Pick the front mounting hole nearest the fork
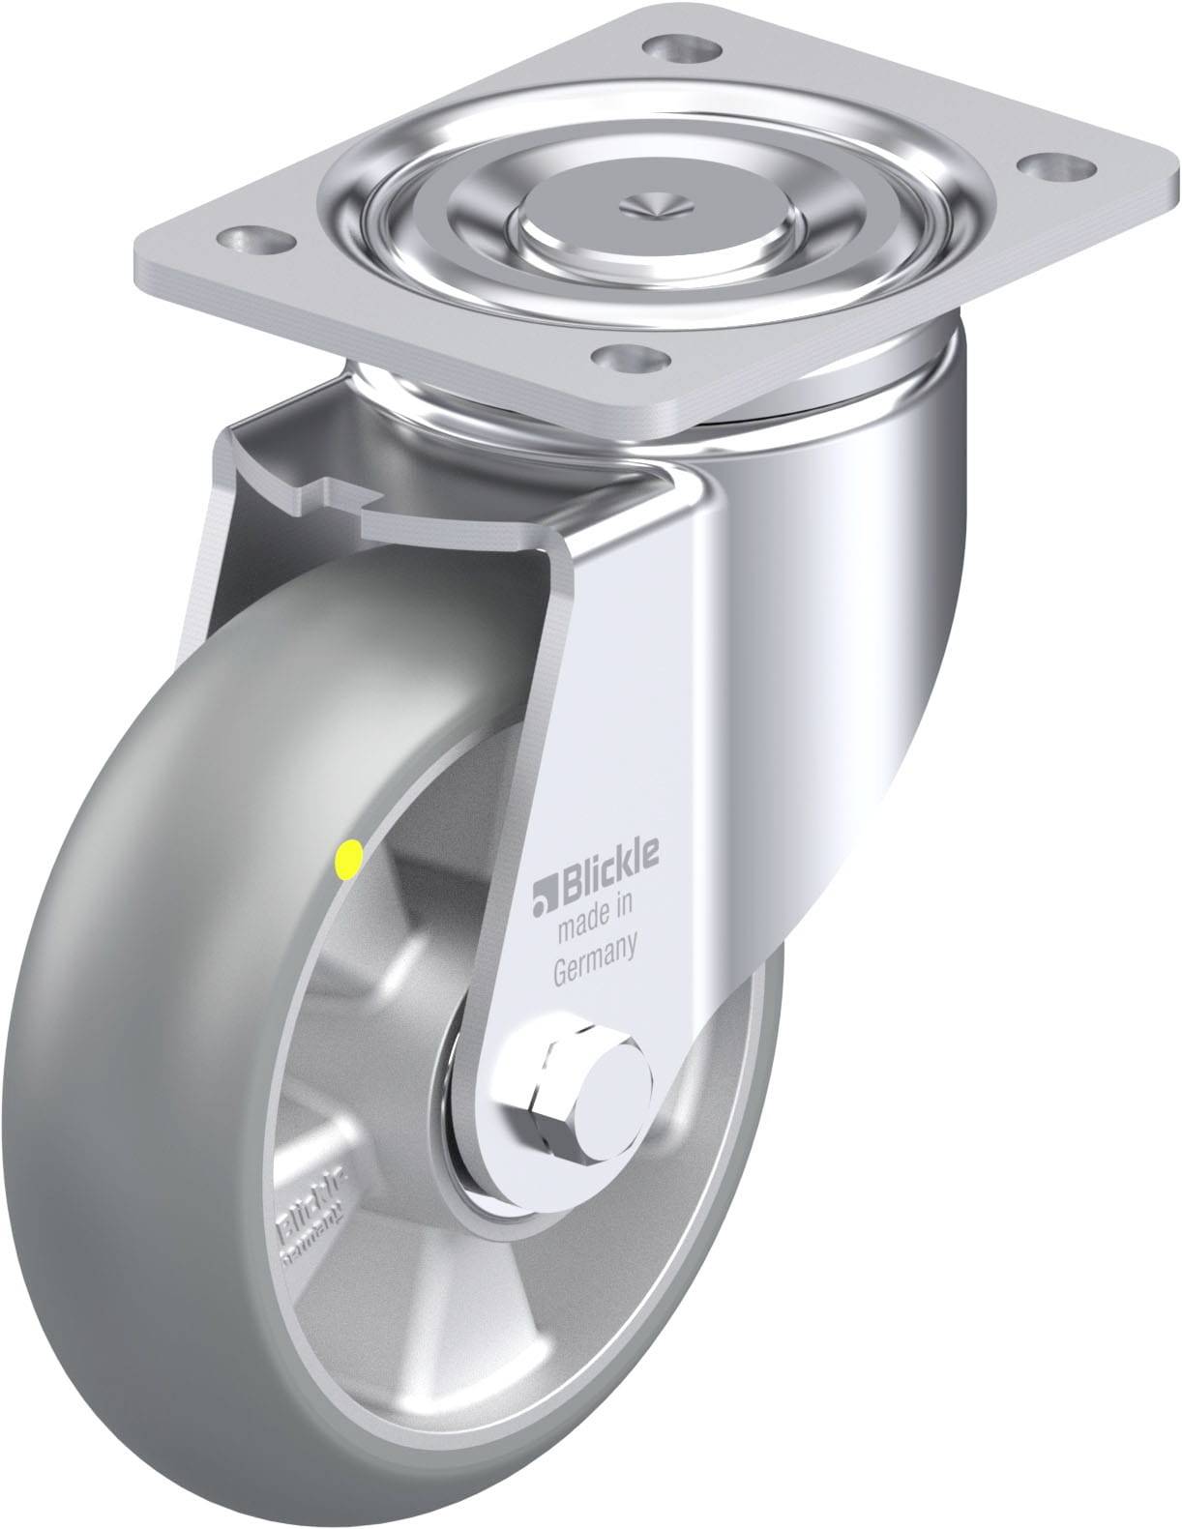[633, 359]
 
